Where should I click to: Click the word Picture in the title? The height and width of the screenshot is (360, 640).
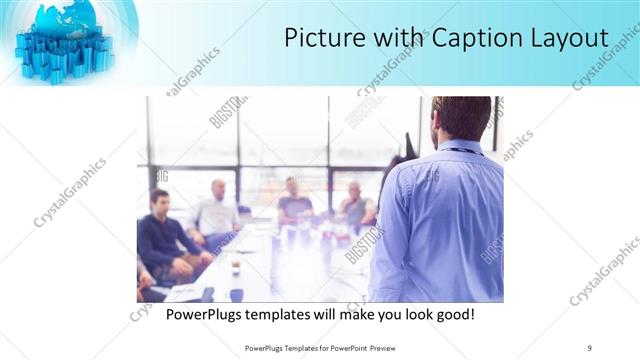pyautogui.click(x=318, y=38)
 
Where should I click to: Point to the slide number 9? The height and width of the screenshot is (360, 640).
pyautogui.click(x=590, y=347)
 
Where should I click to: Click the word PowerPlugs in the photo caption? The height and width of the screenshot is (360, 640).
pyautogui.click(x=206, y=315)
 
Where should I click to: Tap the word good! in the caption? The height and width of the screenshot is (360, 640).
pyautogui.click(x=452, y=315)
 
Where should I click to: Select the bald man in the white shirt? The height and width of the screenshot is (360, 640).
pyautogui.click(x=216, y=210)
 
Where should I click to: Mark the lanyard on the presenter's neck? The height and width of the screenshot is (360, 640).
pyautogui.click(x=457, y=150)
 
